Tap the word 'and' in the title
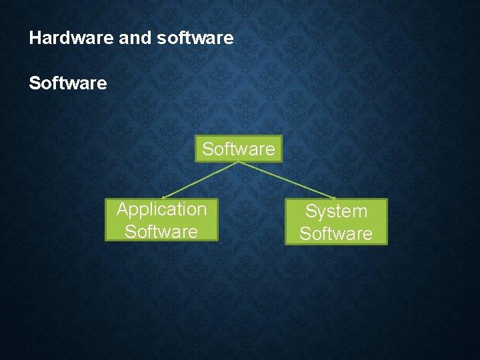pos(135,38)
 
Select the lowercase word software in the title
pos(195,38)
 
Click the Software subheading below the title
pos(67,83)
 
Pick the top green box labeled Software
pos(239,149)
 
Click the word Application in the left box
pos(161,209)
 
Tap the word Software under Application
pos(161,231)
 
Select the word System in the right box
pos(336,211)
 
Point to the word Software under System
pos(336,233)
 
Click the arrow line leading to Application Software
pos(200,180)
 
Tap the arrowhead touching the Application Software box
pos(164,197)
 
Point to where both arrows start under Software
pos(239,163)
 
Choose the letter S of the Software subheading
pos(35,83)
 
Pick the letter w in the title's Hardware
pos(77,38)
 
